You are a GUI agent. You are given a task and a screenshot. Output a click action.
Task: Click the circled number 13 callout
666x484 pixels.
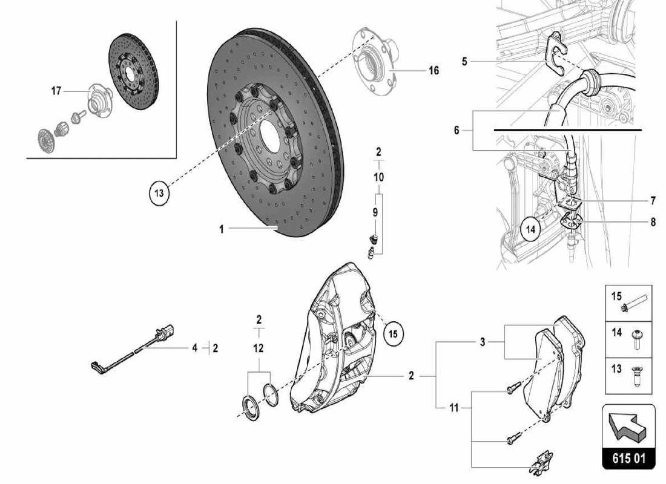pyautogui.click(x=159, y=193)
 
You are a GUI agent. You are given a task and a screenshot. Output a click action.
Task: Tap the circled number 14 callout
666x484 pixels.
pyautogui.click(x=531, y=230)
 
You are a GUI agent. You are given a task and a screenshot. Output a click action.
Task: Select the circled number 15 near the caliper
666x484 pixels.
pyautogui.click(x=392, y=333)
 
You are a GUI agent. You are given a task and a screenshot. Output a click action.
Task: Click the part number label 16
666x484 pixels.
pyautogui.click(x=434, y=71)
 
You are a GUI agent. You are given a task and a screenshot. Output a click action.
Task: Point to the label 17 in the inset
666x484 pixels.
pyautogui.click(x=56, y=91)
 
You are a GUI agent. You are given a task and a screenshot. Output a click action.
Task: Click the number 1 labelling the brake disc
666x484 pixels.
pyautogui.click(x=222, y=229)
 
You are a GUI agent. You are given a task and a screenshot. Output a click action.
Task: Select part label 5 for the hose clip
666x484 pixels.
pyautogui.click(x=464, y=61)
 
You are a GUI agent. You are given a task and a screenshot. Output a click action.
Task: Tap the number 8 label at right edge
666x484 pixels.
pyautogui.click(x=653, y=222)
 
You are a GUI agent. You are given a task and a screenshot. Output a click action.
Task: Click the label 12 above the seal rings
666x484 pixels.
pyautogui.click(x=259, y=348)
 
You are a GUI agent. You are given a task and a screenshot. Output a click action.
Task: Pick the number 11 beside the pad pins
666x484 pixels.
pyautogui.click(x=455, y=408)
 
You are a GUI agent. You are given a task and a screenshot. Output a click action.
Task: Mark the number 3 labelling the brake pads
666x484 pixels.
pyautogui.click(x=483, y=342)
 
